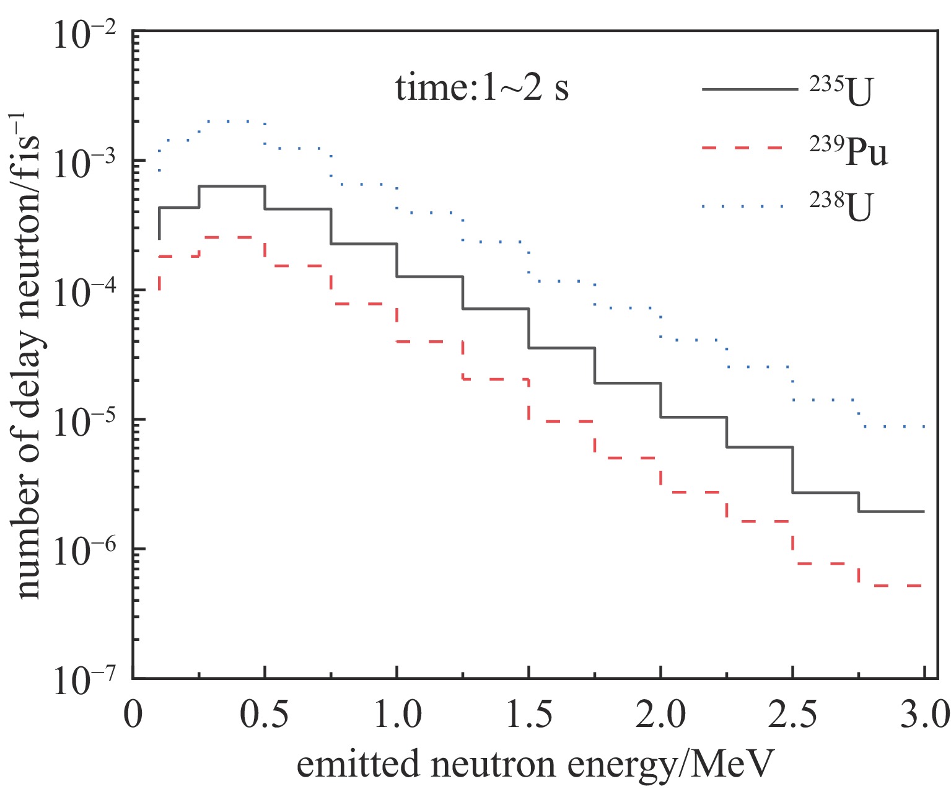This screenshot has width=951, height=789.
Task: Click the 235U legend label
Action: [x=841, y=92]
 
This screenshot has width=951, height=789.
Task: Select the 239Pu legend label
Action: [x=848, y=151]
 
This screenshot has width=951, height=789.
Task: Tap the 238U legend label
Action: [x=841, y=207]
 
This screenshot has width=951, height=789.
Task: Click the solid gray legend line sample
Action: [x=750, y=90]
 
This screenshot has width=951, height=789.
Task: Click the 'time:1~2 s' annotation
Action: [x=482, y=88]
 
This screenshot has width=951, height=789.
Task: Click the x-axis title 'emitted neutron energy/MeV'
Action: [x=536, y=764]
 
